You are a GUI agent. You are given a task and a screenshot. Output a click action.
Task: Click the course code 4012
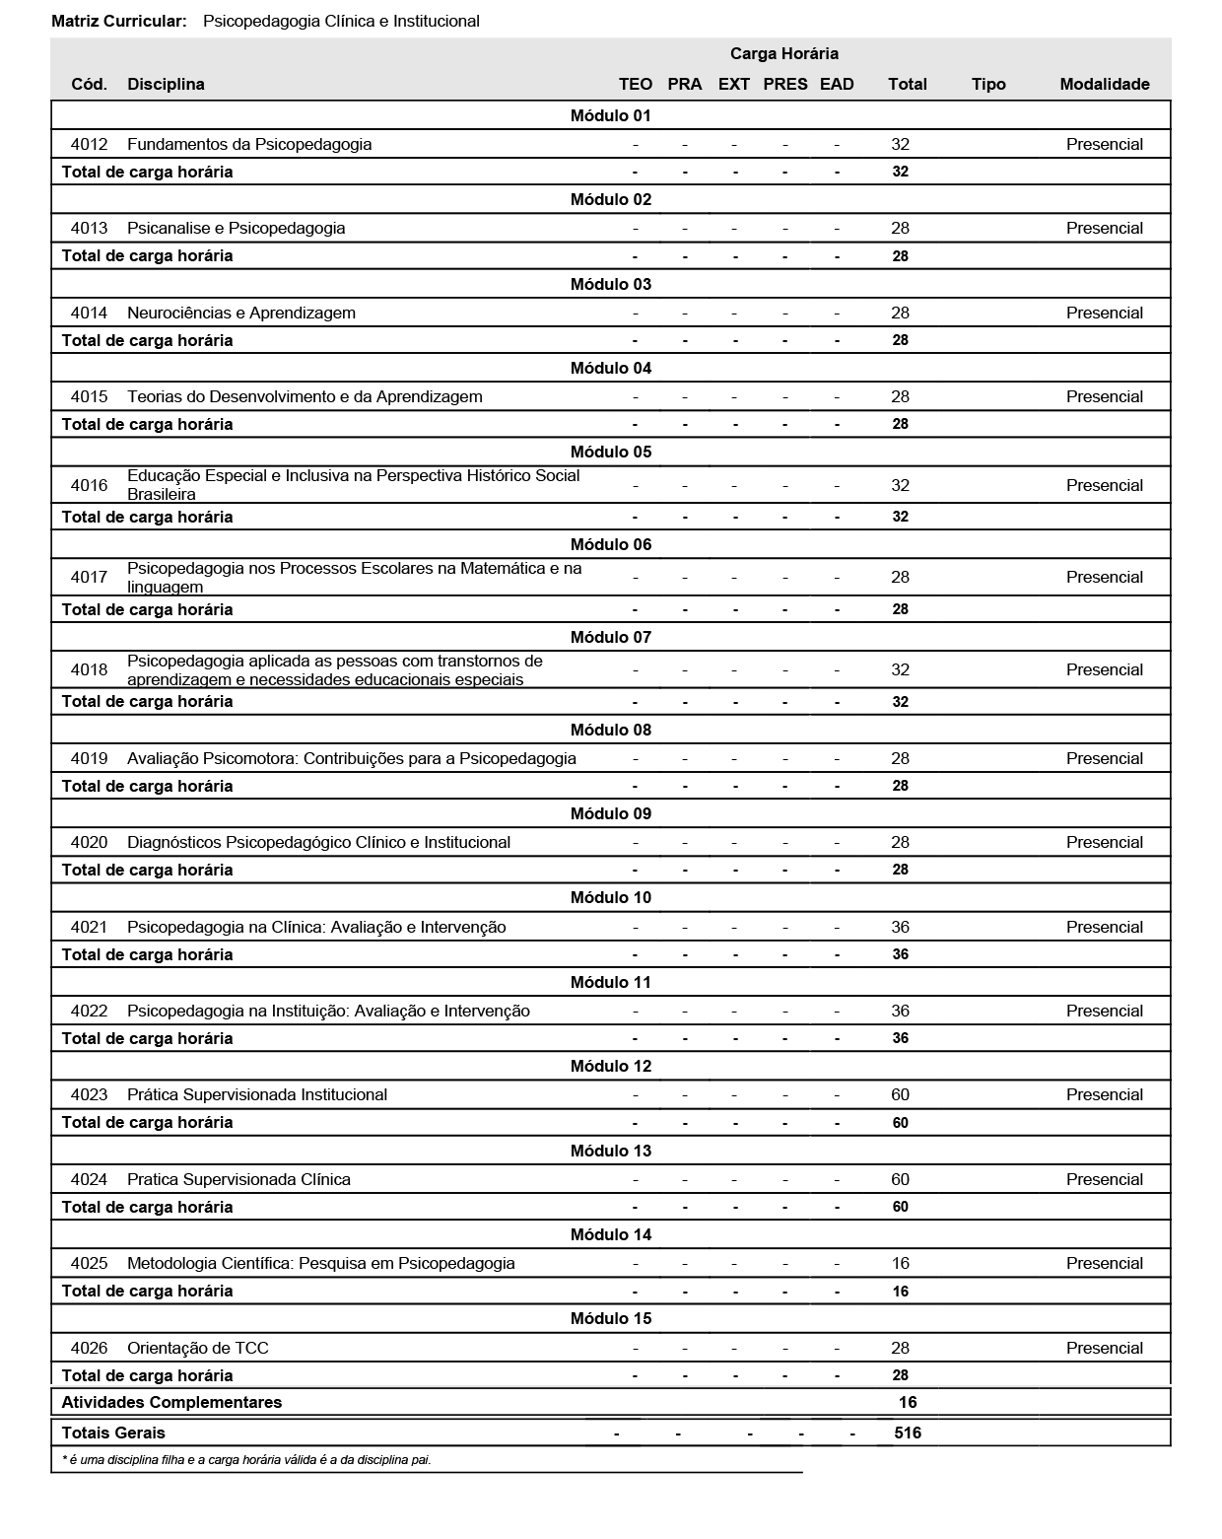coord(89,144)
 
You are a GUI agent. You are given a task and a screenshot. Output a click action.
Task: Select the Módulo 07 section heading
coord(610,637)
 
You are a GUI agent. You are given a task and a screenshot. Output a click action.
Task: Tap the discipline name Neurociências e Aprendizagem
coord(240,313)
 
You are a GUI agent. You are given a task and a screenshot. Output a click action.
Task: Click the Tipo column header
coord(987,84)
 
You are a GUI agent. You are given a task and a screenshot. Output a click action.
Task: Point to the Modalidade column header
coord(1104,84)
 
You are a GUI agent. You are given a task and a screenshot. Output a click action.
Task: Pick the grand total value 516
coord(907,1433)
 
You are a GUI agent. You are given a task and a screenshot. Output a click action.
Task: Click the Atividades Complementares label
coord(171,1402)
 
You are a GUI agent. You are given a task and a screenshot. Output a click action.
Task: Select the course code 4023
coord(89,1094)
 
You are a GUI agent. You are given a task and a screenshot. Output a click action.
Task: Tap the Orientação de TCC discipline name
coord(197,1348)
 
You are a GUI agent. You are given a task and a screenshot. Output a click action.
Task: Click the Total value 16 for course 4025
coord(900,1263)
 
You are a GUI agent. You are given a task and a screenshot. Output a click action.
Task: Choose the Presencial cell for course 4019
coord(1104,758)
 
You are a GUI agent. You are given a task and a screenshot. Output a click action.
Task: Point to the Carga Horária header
coord(783,53)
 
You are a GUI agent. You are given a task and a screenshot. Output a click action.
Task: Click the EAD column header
coord(836,84)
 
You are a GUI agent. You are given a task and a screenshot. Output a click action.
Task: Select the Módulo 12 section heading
coord(610,1066)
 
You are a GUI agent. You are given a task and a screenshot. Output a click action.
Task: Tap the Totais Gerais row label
coord(113,1433)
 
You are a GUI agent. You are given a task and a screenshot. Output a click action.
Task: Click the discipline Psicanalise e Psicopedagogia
coord(236,228)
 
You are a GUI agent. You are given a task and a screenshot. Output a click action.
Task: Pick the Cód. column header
coord(89,84)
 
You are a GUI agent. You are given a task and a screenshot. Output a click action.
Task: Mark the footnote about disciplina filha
coord(246,1459)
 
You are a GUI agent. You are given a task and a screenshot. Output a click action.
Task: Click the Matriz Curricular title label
coord(118,21)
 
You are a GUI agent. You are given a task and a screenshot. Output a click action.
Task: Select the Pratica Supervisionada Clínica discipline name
coord(238,1179)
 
